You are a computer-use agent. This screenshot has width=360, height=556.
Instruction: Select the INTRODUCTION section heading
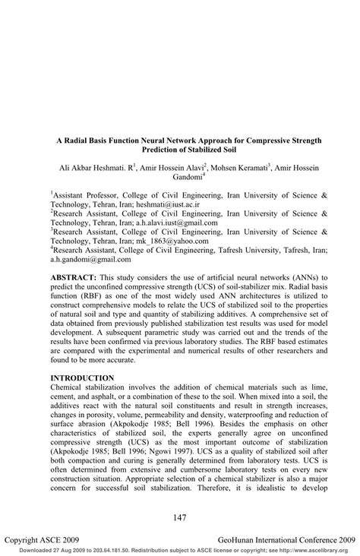click(87, 378)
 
